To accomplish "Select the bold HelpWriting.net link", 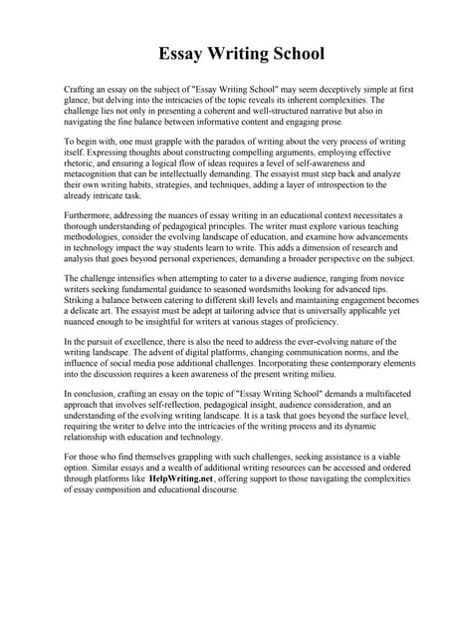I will point(181,478).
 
